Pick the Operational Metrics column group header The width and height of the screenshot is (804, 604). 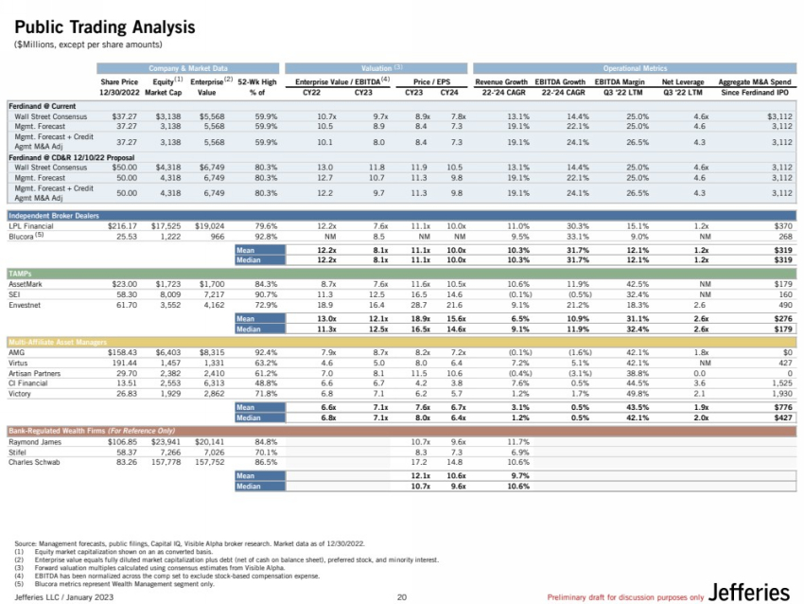pyautogui.click(x=635, y=68)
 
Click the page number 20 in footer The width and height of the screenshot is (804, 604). pyautogui.click(x=401, y=595)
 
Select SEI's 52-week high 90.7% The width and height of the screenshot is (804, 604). pyautogui.click(x=264, y=294)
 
